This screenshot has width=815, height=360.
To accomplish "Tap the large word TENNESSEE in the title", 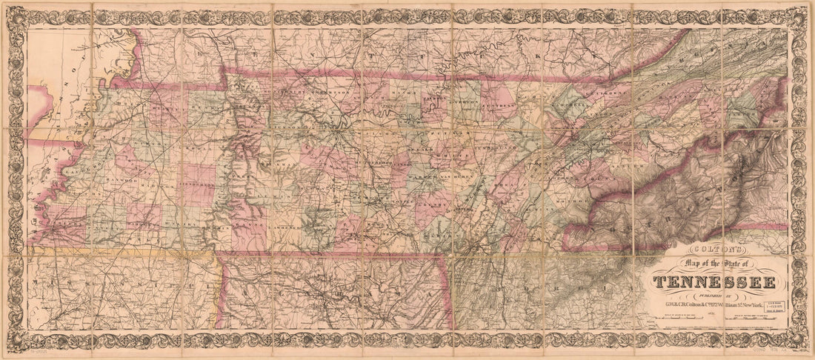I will click(715, 282).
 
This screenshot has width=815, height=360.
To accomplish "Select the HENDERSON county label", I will click(197, 184).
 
